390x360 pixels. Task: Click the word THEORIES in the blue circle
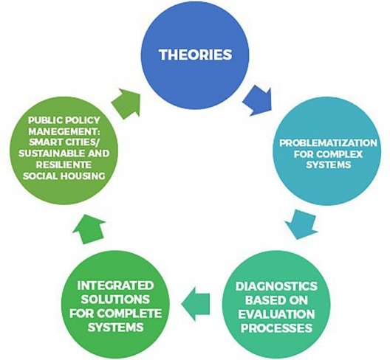(x=196, y=55)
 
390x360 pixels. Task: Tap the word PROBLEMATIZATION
(x=328, y=143)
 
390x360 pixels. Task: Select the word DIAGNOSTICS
(x=276, y=286)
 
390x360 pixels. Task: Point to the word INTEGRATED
(x=115, y=285)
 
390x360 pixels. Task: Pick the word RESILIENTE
(x=64, y=165)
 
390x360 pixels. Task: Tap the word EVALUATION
(x=276, y=314)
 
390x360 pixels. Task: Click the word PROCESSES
(x=276, y=328)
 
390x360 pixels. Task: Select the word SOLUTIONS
(x=115, y=300)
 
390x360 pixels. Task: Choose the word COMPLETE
(x=129, y=314)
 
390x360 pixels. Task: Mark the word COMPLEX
(x=340, y=154)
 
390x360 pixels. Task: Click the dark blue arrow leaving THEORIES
(x=258, y=100)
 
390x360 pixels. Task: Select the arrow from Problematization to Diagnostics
(x=301, y=224)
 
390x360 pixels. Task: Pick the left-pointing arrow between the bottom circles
(x=196, y=304)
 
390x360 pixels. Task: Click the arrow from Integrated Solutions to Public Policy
(x=89, y=229)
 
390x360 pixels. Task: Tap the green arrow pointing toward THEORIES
(x=126, y=103)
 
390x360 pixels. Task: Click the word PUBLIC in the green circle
(x=44, y=120)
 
